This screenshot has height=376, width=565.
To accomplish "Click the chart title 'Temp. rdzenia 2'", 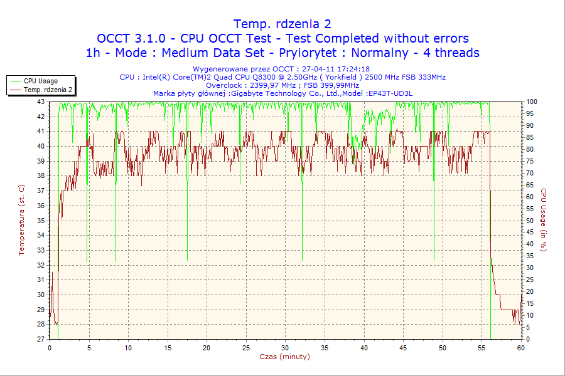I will tap(282, 24).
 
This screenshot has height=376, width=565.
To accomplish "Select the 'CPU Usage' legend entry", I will tap(41, 81).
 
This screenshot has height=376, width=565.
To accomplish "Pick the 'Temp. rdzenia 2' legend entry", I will tap(48, 90).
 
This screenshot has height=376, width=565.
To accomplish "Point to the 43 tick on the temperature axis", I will tap(41, 102).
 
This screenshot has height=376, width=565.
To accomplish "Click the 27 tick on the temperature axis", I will tap(41, 339).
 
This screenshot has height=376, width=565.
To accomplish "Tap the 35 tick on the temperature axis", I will tap(41, 220).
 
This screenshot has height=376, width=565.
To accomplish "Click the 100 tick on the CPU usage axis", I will tap(531, 102).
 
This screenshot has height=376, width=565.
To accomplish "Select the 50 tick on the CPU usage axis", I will tap(530, 221).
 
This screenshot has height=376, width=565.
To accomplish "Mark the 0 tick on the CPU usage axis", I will tap(528, 339).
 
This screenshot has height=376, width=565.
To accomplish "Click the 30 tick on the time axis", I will tap(286, 347).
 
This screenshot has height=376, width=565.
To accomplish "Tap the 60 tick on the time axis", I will tap(520, 347).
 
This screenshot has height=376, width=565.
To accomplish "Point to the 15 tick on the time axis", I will tap(168, 347).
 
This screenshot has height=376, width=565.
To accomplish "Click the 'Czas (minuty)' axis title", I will tap(284, 357).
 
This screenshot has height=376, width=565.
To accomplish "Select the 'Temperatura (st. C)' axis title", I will tap(21, 220).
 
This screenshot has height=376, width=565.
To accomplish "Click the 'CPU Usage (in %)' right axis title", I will tap(544, 220).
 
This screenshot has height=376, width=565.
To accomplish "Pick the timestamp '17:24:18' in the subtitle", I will tap(352, 69).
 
